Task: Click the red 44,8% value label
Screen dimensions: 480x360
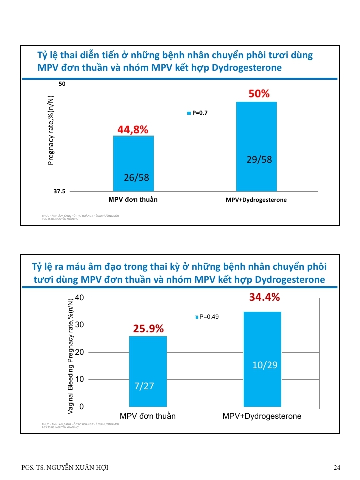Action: pos(133,130)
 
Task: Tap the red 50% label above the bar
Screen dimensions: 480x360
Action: pos(259,94)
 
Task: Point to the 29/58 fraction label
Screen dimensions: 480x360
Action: pos(259,160)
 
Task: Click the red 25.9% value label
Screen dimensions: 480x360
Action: pos(148,329)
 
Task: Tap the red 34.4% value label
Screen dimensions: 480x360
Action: pos(264,298)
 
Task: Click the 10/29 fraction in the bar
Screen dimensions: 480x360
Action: pos(264,365)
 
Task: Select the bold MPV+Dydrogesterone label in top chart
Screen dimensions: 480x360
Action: pos(256,200)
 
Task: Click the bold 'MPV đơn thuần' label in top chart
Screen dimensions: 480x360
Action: pos(133,199)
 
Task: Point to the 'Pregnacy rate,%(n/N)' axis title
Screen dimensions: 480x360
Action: pos(51,130)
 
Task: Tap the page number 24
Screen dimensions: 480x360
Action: pos(337,467)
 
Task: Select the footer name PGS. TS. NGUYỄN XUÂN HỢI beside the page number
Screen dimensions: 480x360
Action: pos(65,467)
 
